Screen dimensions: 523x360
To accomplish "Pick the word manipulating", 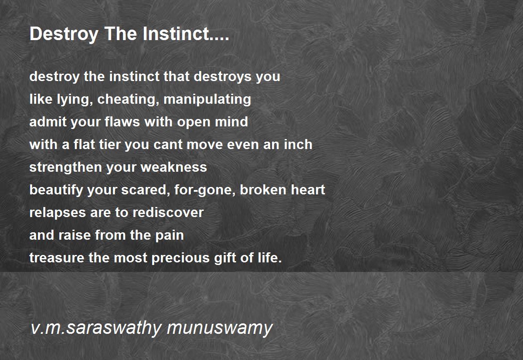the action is (x=207, y=99).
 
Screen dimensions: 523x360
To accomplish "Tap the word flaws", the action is (x=122, y=122).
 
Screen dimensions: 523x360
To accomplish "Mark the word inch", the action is (x=298, y=145).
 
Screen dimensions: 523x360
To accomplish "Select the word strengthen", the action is (x=66, y=168).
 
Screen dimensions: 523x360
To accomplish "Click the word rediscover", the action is (x=168, y=212).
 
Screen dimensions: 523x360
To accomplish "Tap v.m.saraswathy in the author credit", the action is (x=96, y=327).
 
